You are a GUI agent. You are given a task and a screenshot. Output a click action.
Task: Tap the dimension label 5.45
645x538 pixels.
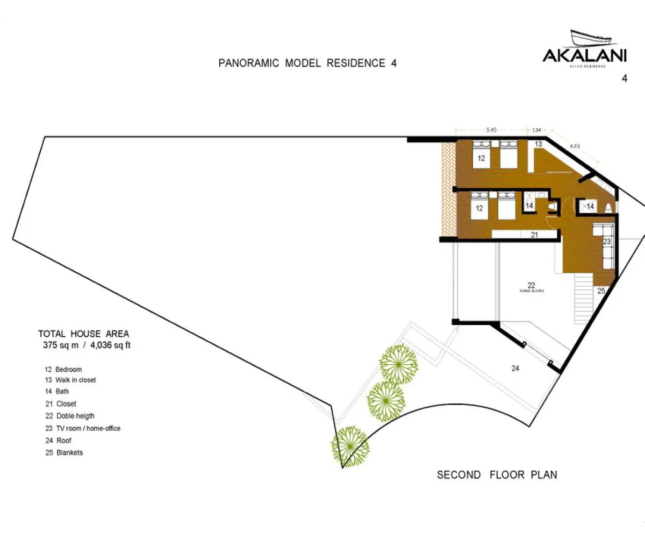tap(491, 130)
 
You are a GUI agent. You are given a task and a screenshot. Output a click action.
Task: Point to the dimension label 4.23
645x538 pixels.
tap(574, 145)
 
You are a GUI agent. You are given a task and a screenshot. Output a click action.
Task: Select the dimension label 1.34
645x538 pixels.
tap(536, 130)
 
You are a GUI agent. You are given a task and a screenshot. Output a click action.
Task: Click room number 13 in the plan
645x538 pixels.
tap(539, 144)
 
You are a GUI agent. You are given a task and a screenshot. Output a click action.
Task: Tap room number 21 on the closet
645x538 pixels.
tap(534, 235)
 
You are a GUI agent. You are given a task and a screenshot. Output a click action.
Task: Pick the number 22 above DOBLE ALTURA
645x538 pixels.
tap(532, 285)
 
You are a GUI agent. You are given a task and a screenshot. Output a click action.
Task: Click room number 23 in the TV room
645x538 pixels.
tap(607, 242)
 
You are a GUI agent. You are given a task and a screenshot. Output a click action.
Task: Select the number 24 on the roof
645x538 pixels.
tap(515, 369)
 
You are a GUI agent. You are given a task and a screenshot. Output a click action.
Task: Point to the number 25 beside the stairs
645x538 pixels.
tap(601, 291)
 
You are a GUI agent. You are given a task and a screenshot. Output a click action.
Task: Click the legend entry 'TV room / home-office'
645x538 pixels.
tap(88, 428)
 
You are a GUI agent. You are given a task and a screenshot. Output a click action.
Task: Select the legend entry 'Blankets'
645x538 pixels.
tap(69, 452)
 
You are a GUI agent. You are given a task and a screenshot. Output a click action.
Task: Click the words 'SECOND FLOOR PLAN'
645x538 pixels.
tap(497, 475)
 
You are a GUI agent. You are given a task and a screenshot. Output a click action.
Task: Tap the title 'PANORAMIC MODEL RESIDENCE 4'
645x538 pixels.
tap(307, 63)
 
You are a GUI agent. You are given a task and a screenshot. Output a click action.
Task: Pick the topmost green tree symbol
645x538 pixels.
tap(399, 364)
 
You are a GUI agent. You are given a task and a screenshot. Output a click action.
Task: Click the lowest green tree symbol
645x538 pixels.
tap(350, 445)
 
